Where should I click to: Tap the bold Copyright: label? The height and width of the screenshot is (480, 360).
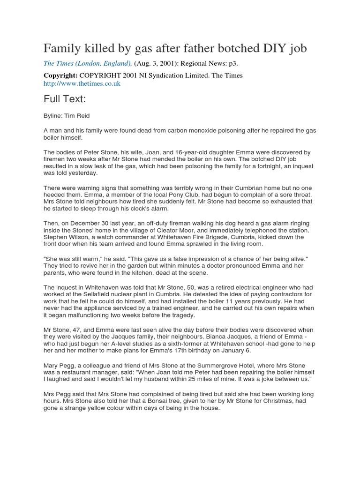tap(60, 75)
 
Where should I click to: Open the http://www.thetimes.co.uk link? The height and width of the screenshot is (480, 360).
tap(82, 83)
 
